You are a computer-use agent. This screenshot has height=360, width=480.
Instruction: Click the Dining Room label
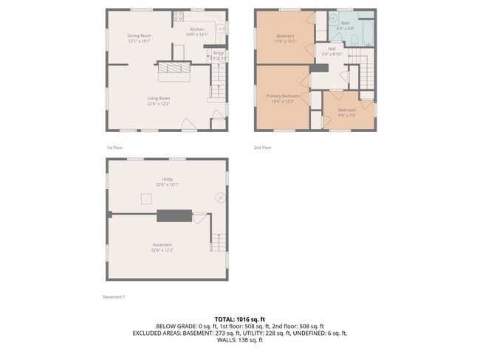point(140,35)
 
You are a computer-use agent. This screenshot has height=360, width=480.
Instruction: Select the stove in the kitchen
point(179,15)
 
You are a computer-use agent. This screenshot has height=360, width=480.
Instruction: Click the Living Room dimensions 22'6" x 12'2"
point(158,104)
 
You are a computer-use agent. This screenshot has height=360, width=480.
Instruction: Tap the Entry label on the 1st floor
point(218,53)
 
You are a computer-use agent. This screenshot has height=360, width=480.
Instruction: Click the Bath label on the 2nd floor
point(345,23)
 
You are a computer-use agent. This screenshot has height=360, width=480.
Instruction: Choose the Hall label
point(332,49)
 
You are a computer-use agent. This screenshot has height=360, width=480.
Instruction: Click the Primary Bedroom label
point(283,96)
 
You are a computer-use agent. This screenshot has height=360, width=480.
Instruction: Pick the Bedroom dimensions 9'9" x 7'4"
point(347,115)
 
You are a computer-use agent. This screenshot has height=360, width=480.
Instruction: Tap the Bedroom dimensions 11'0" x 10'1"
point(285,42)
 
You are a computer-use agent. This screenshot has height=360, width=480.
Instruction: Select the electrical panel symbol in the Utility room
point(219,197)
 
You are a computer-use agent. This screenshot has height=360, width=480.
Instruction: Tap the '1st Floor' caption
point(114,148)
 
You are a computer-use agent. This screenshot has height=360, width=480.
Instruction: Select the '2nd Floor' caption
point(263,148)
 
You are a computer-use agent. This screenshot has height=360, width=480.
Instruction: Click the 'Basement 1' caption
point(114,297)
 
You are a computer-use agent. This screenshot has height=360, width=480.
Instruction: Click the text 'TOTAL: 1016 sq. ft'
point(239,318)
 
